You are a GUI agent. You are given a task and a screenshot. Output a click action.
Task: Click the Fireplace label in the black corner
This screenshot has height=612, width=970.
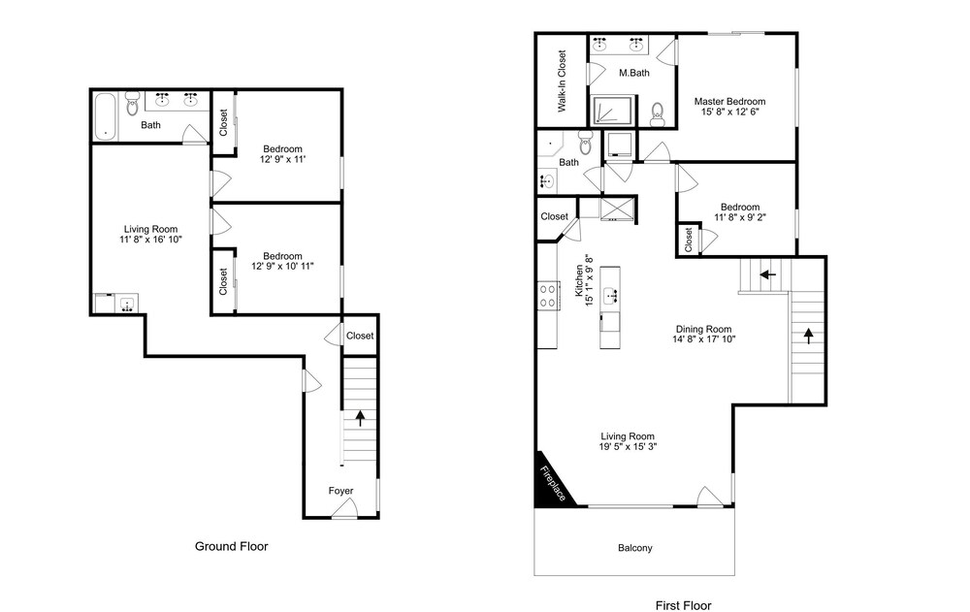[x=553, y=483]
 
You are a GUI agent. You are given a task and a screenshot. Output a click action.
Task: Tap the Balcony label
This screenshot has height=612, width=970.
[x=634, y=548]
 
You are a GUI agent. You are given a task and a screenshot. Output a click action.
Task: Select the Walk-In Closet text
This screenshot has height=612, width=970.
[x=562, y=81]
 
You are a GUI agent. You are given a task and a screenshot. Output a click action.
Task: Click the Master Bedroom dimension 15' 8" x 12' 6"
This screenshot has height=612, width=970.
[x=730, y=112]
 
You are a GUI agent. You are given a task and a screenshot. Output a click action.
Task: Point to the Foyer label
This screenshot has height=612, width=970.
[x=340, y=491]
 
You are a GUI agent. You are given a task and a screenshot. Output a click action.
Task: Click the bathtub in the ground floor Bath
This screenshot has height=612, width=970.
[x=105, y=116]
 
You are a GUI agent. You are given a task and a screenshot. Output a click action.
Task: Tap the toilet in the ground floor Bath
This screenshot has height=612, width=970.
[x=132, y=104]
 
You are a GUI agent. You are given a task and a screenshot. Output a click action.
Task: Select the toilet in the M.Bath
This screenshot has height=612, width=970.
[x=658, y=114]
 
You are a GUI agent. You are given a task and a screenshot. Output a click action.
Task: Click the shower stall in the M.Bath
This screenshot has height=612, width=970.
[x=613, y=111]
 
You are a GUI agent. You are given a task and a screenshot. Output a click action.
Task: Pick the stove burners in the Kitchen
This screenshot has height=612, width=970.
[x=547, y=295]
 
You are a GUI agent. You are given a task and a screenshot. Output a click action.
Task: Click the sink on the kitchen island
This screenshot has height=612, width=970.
[x=610, y=295]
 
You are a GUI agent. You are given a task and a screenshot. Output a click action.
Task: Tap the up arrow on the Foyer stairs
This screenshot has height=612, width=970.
[x=360, y=418]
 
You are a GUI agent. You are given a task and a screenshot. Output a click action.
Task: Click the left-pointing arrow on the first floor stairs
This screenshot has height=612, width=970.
[x=767, y=274]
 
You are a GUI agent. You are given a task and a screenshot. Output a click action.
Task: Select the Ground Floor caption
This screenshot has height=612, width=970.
[x=232, y=546]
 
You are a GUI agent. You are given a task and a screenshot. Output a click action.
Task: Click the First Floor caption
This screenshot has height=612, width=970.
[x=684, y=605]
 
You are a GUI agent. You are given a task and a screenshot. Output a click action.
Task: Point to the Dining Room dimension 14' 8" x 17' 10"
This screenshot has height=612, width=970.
[x=704, y=339]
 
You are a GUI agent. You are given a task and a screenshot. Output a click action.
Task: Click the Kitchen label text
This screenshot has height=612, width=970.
[x=580, y=281]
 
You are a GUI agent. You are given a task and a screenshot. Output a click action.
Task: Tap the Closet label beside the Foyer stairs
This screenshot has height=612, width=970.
[x=360, y=336]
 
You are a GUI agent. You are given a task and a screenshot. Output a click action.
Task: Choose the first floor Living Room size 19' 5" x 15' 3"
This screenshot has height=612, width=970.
[x=628, y=446]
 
